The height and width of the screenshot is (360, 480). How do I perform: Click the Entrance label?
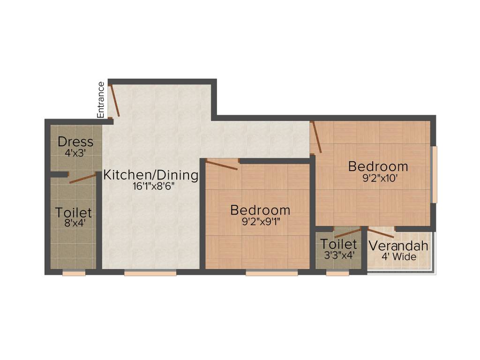[x=100, y=99]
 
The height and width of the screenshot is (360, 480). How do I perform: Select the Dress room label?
[x=75, y=142]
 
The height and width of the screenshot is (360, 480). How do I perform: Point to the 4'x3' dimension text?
[x=75, y=152]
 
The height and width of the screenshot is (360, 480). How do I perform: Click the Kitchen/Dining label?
[x=151, y=175]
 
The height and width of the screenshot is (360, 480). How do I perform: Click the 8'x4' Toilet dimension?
[x=74, y=223]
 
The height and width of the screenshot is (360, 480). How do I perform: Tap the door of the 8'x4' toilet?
[x=82, y=178]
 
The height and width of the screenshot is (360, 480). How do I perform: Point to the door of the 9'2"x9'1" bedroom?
[x=222, y=165]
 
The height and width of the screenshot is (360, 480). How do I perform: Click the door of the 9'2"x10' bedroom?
[x=316, y=137]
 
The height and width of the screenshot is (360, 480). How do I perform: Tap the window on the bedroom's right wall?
[x=435, y=174]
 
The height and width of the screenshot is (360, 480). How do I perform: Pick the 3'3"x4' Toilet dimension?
[x=338, y=255]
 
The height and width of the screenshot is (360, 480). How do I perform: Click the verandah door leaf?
[x=380, y=233]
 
